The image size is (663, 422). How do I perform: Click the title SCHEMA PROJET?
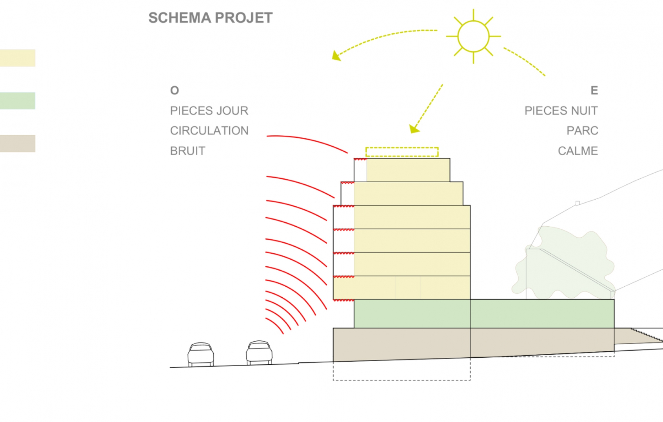click(210, 18)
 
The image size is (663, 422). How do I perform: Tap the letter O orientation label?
click(175, 91)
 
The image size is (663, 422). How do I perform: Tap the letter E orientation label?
click(594, 91)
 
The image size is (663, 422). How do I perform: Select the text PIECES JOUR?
click(209, 111)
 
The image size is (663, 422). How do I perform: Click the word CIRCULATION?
click(209, 131)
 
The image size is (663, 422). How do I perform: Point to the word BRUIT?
click(188, 151)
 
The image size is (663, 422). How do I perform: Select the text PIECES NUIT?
click(561, 111)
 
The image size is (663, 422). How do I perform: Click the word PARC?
click(582, 131)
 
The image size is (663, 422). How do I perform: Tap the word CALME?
click(578, 151)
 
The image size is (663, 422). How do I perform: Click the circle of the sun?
click(473, 36)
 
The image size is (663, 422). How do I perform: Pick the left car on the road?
click(201, 354)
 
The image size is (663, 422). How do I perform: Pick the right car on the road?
click(259, 352)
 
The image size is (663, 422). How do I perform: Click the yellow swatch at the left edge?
click(17, 58)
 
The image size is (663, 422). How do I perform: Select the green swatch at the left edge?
click(17, 101)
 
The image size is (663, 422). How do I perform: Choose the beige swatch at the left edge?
click(17, 144)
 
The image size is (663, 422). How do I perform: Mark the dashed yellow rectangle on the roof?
click(402, 152)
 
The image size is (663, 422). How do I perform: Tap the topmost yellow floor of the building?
click(408, 170)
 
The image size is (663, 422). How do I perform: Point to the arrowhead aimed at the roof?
click(414, 129)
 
